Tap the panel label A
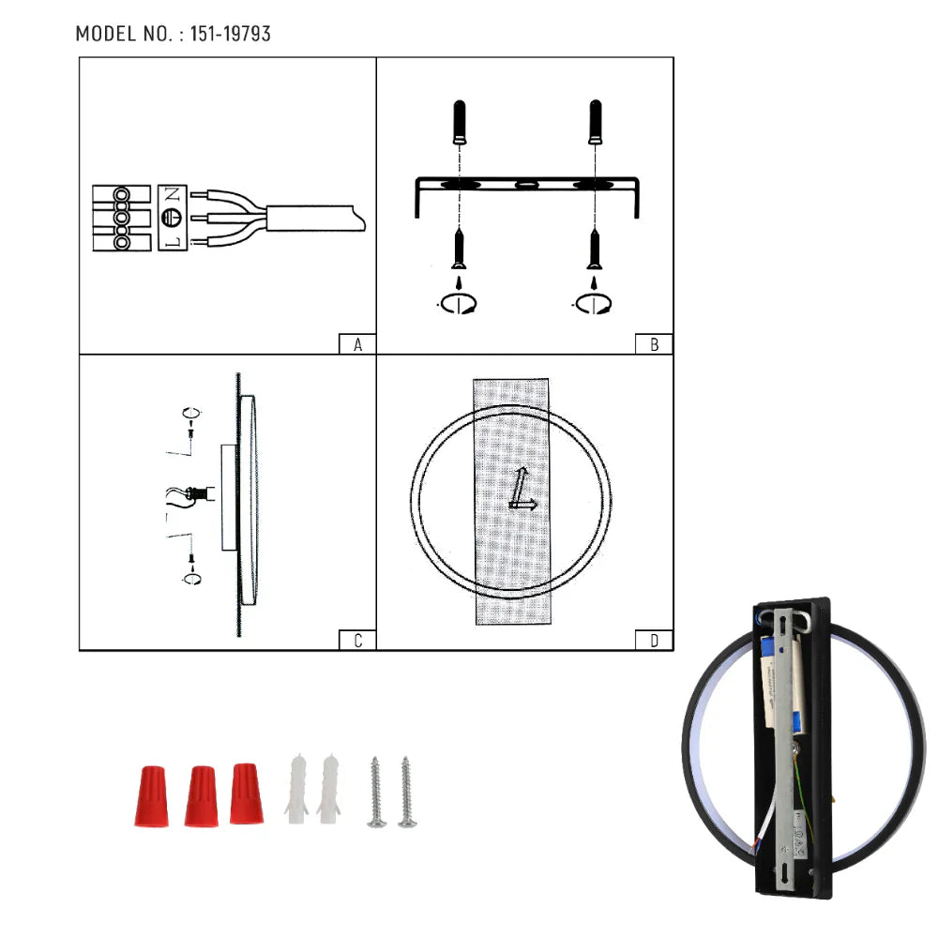[x=357, y=344]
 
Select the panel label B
[x=654, y=344]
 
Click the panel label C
[x=357, y=641]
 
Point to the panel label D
[x=654, y=641]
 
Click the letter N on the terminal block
[x=172, y=196]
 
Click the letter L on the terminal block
[x=172, y=241]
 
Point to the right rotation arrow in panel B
[x=592, y=303]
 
